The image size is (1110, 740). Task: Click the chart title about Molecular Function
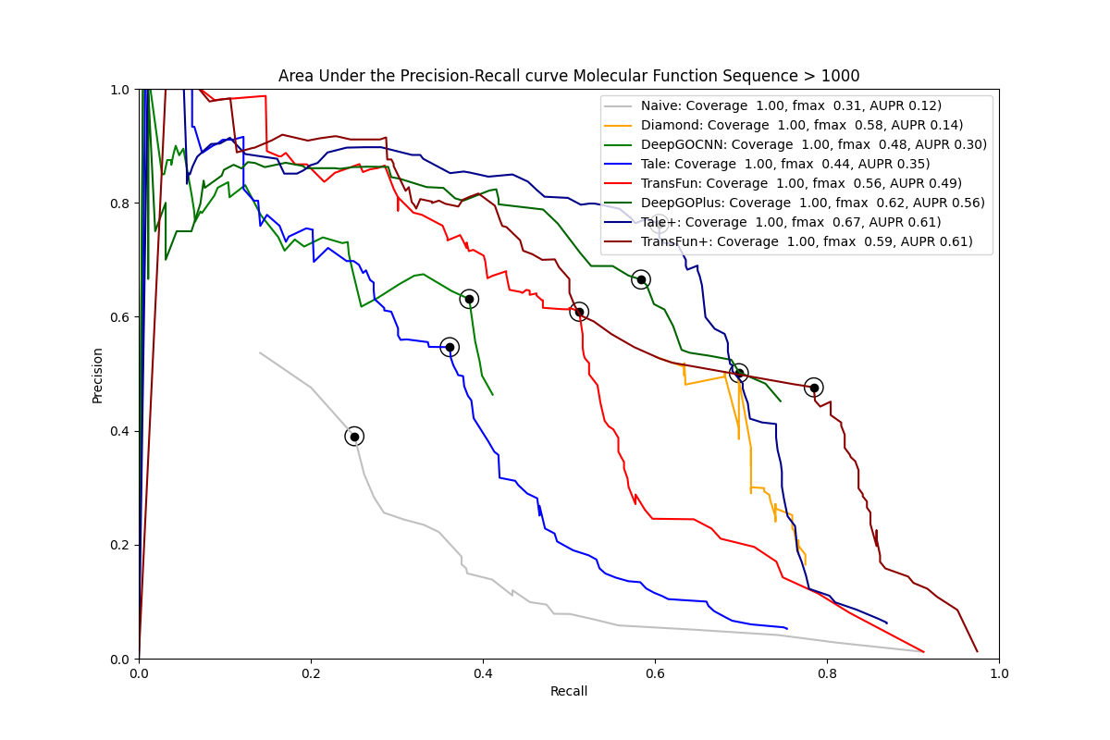(569, 76)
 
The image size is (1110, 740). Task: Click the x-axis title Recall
(569, 692)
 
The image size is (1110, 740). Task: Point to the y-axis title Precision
(98, 375)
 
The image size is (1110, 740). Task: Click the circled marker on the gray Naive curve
(354, 437)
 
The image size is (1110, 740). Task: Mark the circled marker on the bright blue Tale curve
(450, 347)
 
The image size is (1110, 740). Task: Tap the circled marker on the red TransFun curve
(579, 312)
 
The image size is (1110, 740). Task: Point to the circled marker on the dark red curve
(813, 388)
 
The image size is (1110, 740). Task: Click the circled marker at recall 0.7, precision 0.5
(738, 373)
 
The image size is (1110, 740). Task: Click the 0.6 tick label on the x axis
(655, 673)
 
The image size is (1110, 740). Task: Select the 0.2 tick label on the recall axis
(311, 673)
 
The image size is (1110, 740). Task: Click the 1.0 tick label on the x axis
(999, 673)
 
